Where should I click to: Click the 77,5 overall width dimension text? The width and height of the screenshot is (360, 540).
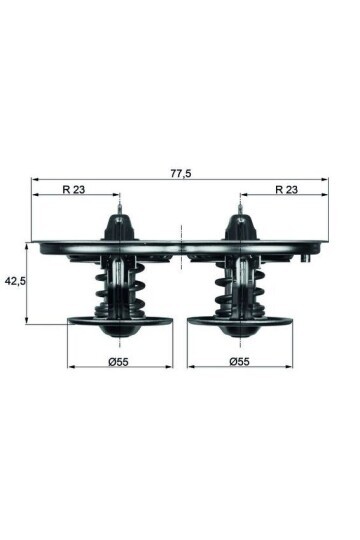click(180, 173)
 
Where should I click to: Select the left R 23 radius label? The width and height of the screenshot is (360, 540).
click(73, 188)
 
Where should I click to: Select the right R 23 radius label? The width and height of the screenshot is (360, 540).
click(287, 188)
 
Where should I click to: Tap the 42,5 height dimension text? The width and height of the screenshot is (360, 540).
click(15, 281)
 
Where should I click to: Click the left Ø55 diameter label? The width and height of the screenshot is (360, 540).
click(119, 360)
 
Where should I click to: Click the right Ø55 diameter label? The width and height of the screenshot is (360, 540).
click(240, 360)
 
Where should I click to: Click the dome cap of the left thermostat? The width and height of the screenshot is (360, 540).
click(120, 226)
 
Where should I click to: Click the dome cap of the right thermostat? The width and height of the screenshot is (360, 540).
click(240, 226)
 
